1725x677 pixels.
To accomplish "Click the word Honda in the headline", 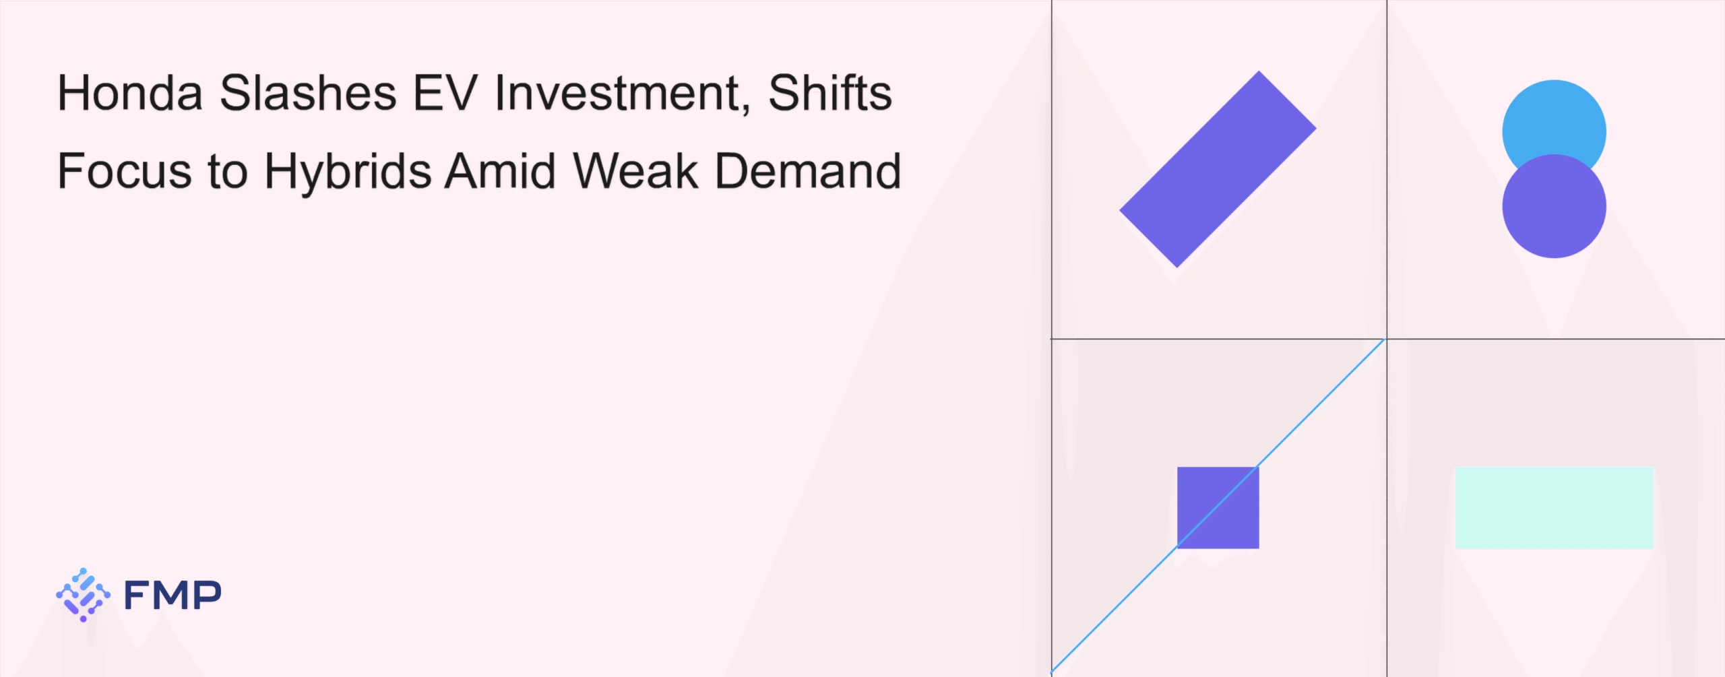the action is tap(130, 93).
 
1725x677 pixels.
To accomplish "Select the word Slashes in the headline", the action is tap(308, 93).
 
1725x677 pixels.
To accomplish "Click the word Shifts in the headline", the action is tap(830, 93).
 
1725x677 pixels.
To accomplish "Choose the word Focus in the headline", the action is tap(125, 171).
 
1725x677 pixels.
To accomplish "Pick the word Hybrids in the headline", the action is tap(348, 172).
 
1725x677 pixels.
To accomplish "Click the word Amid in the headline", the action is tap(501, 171).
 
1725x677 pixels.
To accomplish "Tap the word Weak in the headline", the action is tap(636, 171).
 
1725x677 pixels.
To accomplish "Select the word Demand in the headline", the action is tap(808, 171).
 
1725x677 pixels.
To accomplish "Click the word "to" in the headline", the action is tap(228, 172).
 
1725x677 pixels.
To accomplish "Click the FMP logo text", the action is tap(172, 595).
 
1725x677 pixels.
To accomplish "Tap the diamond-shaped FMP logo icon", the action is tap(84, 595).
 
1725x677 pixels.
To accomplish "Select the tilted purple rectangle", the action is tap(1218, 169).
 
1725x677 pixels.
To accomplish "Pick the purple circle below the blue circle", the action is tap(1554, 206).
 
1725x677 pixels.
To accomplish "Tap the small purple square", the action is tap(1218, 508).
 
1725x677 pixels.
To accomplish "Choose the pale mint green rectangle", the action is tap(1554, 508).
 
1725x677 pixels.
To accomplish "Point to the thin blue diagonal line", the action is tap(1218, 505).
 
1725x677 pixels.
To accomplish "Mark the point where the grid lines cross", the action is tap(1387, 339).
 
